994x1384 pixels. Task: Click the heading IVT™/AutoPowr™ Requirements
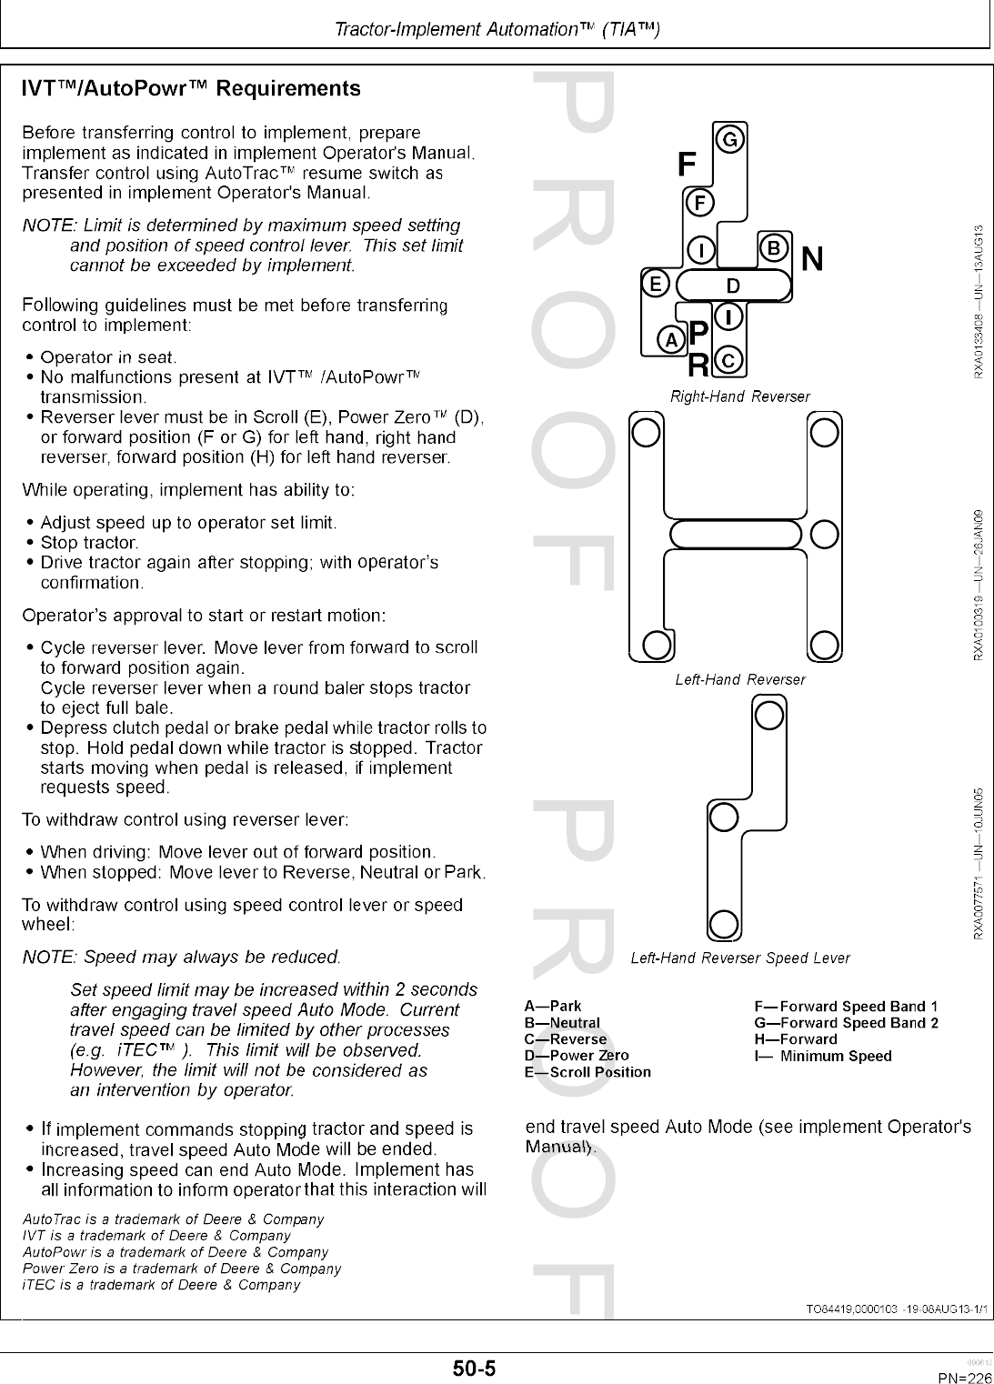[191, 89]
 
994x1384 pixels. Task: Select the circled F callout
[699, 202]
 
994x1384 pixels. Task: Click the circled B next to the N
[773, 248]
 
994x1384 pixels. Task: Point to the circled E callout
[654, 283]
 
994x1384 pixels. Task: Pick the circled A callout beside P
[671, 340]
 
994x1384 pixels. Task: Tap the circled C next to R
[729, 361]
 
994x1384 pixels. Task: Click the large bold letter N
[812, 260]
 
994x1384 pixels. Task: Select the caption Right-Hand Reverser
[739, 396]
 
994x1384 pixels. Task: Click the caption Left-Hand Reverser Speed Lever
[740, 958]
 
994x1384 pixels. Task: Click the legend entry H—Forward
[796, 1038]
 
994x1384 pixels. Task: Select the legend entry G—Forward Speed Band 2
[846, 1022]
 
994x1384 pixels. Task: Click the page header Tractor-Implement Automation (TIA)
[497, 29]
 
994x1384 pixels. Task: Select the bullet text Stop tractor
[90, 543]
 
